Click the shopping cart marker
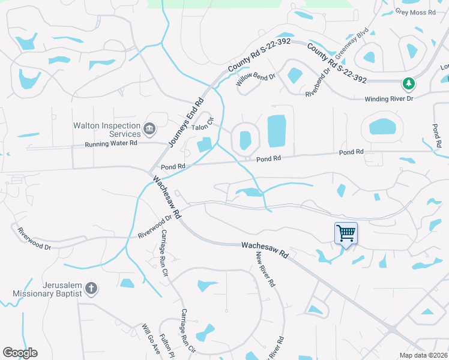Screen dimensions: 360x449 click(346, 233)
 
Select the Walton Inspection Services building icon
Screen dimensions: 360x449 click(149, 128)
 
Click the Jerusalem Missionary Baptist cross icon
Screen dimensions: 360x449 click(91, 289)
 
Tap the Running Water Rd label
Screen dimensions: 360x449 click(111, 143)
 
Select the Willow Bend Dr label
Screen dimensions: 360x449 click(256, 80)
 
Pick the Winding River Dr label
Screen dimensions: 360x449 click(390, 99)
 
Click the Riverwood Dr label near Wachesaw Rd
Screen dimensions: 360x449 click(151, 227)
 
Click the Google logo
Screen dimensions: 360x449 click(20, 353)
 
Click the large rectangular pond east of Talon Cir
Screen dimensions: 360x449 click(276, 131)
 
